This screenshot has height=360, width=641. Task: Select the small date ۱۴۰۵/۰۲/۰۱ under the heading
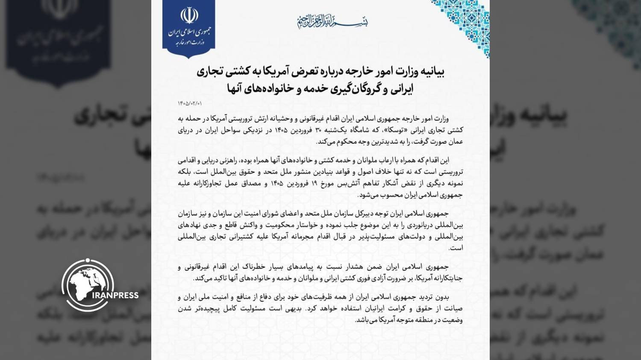[x=190, y=103]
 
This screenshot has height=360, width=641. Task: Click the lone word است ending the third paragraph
[x=458, y=248]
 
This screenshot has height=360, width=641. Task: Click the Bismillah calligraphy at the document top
[x=332, y=20]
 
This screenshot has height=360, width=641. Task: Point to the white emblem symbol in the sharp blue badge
[x=188, y=16]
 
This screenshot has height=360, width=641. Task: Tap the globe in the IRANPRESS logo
[x=87, y=285]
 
